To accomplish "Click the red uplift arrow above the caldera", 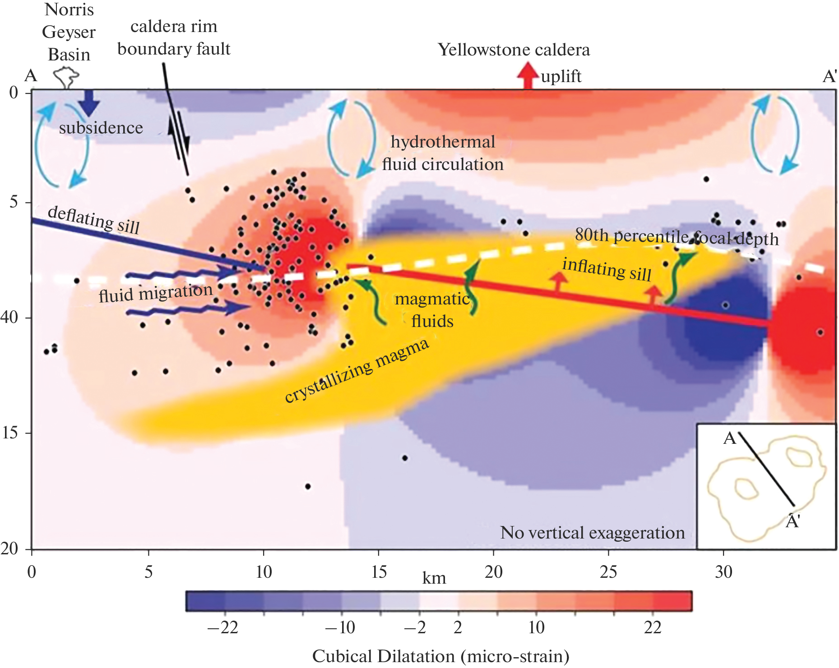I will (x=527, y=75).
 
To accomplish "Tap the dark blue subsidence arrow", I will (x=89, y=103).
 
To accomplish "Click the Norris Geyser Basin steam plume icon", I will (x=66, y=78).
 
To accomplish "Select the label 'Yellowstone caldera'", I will (x=514, y=50).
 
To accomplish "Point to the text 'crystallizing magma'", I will (x=357, y=370).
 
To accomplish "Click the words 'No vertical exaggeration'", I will (x=592, y=533).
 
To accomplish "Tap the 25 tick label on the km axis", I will (x=608, y=572).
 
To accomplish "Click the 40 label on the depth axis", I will (x=9, y=317).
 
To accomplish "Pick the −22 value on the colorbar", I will (x=222, y=627).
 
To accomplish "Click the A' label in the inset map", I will (x=793, y=521).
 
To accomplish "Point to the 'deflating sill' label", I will (x=93, y=219).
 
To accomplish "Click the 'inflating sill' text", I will (x=607, y=269).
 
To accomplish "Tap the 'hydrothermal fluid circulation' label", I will (x=443, y=153).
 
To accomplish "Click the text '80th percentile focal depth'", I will (x=677, y=236).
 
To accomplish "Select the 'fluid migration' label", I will (x=155, y=292).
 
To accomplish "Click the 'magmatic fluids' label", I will (x=432, y=310).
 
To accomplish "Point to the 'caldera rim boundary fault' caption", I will (x=174, y=37).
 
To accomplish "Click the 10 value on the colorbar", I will (x=536, y=627).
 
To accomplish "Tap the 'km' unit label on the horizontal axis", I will (x=434, y=578).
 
